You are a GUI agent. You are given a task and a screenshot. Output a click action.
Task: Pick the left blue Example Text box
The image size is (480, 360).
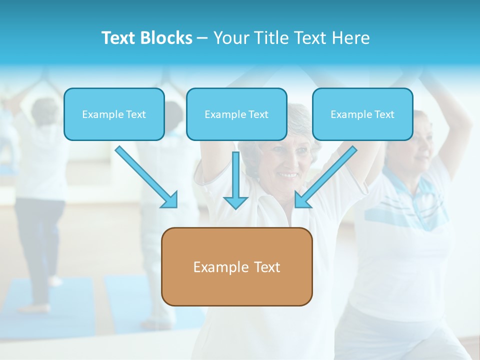[114, 114]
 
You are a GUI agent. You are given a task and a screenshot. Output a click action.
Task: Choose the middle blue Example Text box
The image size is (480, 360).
[236, 114]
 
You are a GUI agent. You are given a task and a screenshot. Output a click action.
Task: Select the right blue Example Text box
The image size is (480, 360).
[362, 114]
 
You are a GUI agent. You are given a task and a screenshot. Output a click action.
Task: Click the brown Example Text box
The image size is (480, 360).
[236, 267]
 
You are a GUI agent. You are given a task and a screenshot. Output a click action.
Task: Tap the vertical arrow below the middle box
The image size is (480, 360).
[235, 177]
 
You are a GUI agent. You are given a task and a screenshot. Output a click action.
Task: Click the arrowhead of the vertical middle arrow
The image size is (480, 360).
[235, 202]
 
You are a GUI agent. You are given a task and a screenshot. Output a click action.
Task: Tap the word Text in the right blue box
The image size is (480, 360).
[384, 114]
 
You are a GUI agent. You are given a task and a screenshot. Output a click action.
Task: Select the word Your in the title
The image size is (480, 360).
[230, 38]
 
